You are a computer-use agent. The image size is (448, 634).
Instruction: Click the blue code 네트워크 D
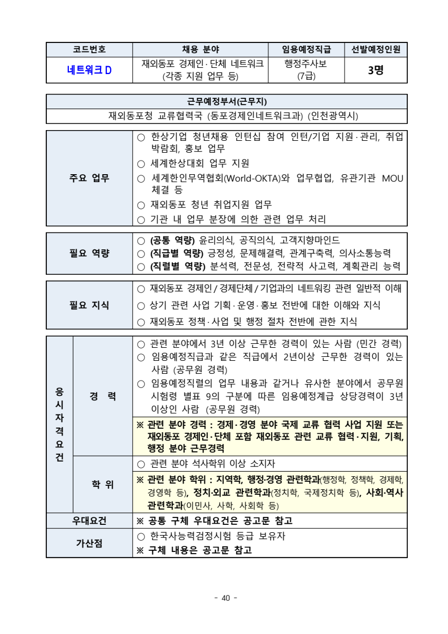click(x=89, y=70)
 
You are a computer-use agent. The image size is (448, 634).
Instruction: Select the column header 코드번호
click(x=89, y=49)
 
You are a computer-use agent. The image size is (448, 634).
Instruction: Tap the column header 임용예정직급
click(x=306, y=49)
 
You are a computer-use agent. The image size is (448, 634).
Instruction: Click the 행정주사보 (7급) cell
click(x=306, y=70)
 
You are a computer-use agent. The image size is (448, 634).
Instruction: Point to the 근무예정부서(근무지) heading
click(x=227, y=101)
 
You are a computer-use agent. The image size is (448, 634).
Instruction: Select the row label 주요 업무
click(x=89, y=178)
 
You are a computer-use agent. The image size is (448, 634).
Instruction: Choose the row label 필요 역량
click(x=89, y=253)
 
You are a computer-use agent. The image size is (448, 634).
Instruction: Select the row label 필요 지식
click(x=89, y=305)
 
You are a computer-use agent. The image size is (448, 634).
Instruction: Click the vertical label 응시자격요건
click(x=59, y=425)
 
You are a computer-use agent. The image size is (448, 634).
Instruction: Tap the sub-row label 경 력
click(x=103, y=396)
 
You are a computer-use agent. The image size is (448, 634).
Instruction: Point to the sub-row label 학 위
click(x=103, y=485)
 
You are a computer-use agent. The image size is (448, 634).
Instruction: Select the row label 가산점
click(x=89, y=543)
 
